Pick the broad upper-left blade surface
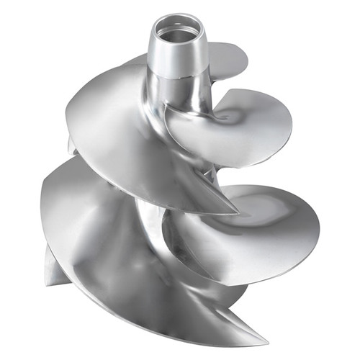[x=122, y=122]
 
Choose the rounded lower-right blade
[x=252, y=230]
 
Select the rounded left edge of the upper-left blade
[x=72, y=126]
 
